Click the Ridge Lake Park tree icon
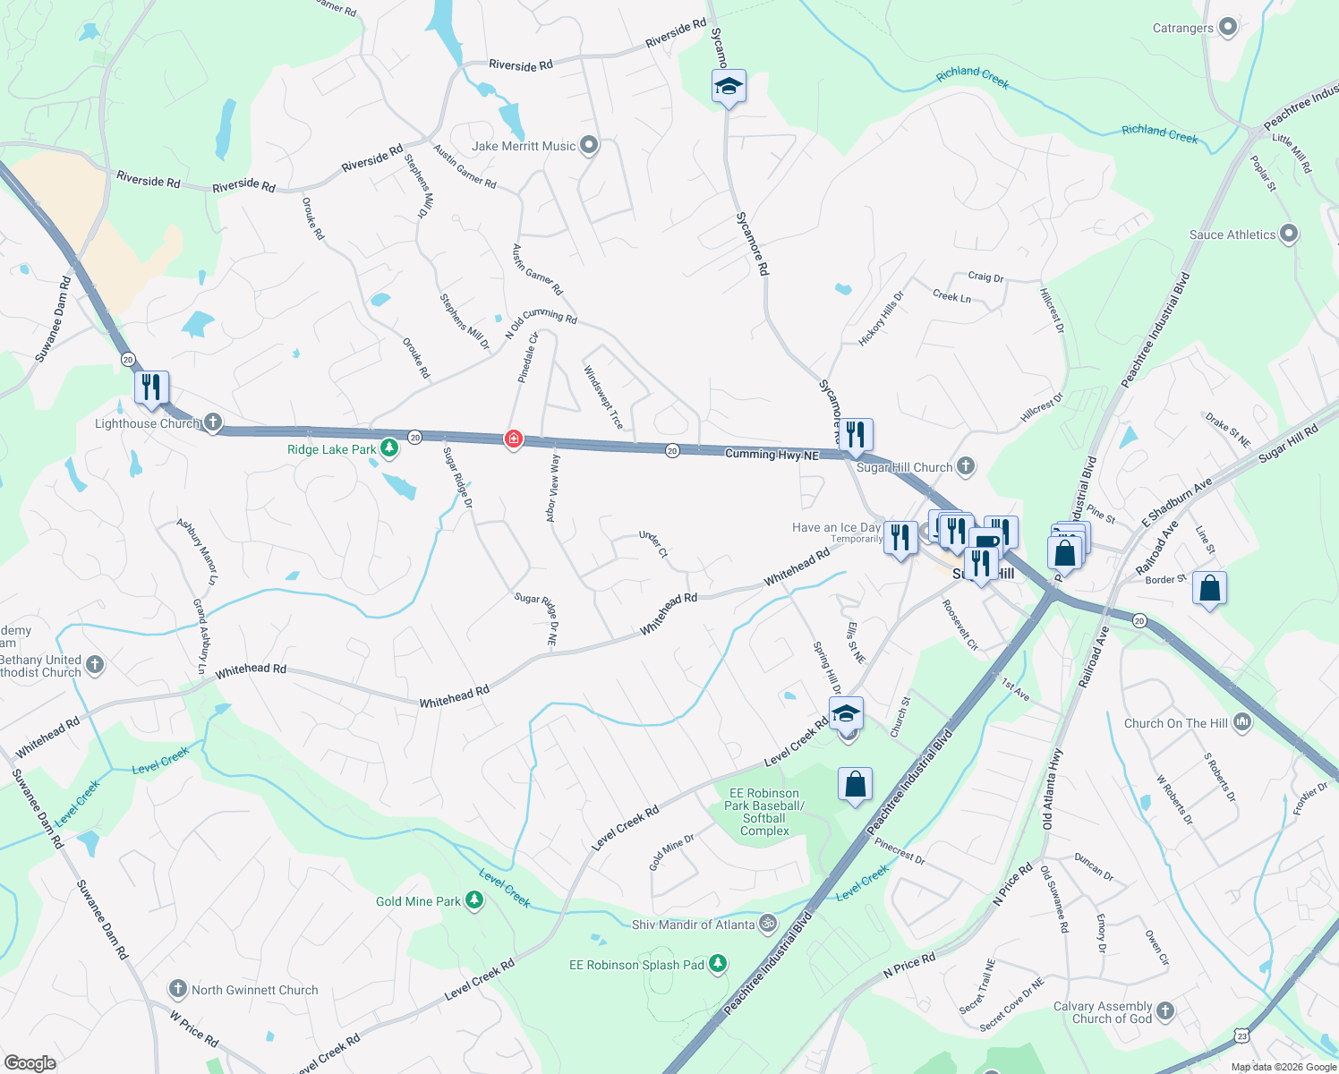pyautogui.click(x=389, y=448)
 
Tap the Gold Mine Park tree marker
pyautogui.click(x=474, y=901)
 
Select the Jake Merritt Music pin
pyautogui.click(x=589, y=145)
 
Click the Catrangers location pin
pyautogui.click(x=1228, y=28)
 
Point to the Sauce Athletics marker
pyautogui.click(x=1289, y=234)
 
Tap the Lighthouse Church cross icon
pyautogui.click(x=212, y=422)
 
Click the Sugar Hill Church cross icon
pyautogui.click(x=966, y=466)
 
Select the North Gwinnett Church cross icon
pyautogui.click(x=178, y=989)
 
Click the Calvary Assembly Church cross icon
pyautogui.click(x=1164, y=1011)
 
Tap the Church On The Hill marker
pyautogui.click(x=1242, y=722)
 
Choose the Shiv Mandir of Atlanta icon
pyautogui.click(x=768, y=924)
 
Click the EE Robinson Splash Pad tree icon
pyautogui.click(x=718, y=964)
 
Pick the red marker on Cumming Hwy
pyautogui.click(x=513, y=439)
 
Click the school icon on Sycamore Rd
pyautogui.click(x=729, y=87)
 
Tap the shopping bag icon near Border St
pyautogui.click(x=1209, y=589)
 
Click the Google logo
pyautogui.click(x=30, y=1062)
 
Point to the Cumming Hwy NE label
pyautogui.click(x=772, y=455)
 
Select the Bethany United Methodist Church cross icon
pyautogui.click(x=96, y=665)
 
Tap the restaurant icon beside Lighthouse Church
pyautogui.click(x=151, y=388)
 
